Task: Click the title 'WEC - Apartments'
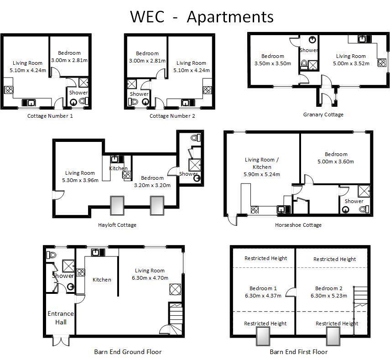tap(202, 16)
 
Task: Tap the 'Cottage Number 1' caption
tap(50, 116)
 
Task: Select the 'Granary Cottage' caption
tap(323, 115)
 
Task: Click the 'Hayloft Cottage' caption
tap(117, 225)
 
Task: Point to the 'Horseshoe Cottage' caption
tap(298, 225)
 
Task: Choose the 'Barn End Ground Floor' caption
tap(128, 352)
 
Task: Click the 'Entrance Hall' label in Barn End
tap(61, 318)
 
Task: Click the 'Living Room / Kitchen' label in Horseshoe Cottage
tap(262, 163)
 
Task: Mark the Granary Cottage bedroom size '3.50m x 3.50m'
tap(272, 63)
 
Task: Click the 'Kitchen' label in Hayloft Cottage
tap(119, 168)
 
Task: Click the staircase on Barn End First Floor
tap(360, 297)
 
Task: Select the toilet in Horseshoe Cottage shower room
tap(363, 209)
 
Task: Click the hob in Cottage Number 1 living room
tap(8, 90)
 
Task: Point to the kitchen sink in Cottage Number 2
tap(186, 102)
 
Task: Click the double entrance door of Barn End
tap(60, 341)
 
